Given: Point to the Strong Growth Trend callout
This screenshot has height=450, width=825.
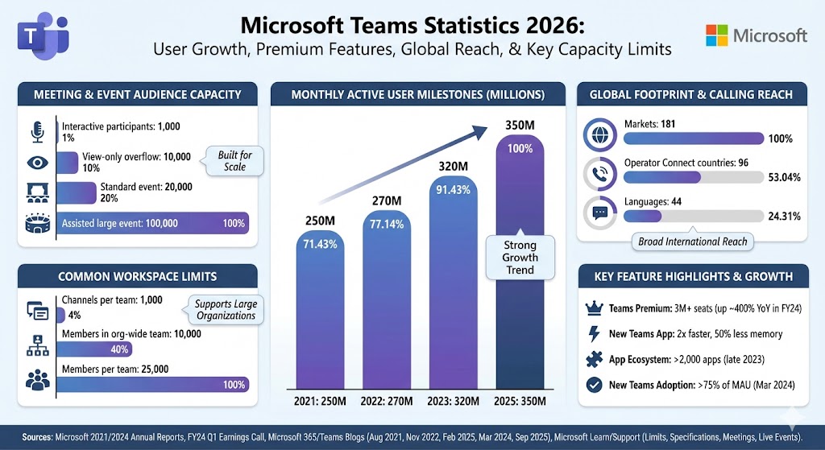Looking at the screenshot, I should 520,257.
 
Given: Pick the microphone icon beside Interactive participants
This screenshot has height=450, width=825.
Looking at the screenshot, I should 37,130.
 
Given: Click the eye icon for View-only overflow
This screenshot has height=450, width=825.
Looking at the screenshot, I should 37,163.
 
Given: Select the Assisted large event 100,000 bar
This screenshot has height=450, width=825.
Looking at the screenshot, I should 153,223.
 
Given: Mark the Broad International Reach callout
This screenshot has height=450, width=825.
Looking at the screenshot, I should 692,242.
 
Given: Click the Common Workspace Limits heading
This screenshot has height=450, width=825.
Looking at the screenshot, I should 137,276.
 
